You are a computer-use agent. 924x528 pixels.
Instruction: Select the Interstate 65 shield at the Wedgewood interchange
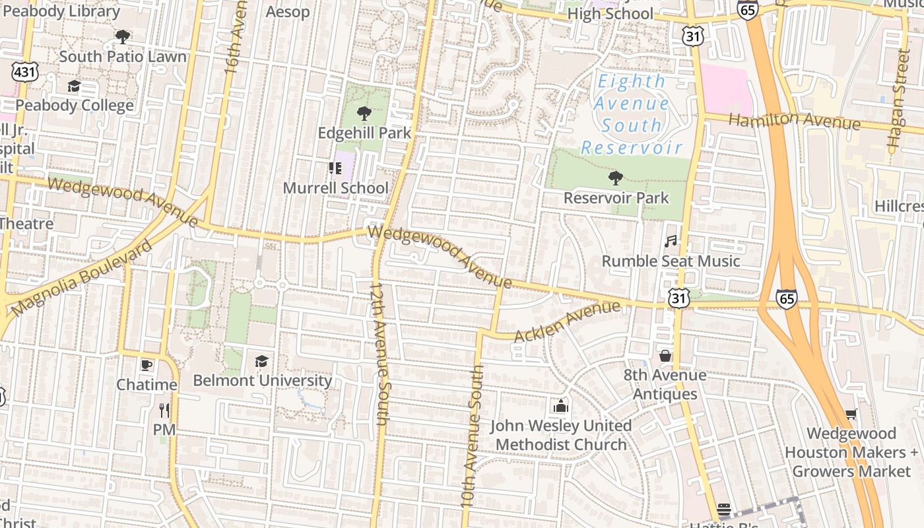pos(786,298)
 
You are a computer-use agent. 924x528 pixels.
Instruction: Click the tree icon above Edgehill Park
pos(364,113)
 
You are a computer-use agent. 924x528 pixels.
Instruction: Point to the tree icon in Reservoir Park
pos(615,178)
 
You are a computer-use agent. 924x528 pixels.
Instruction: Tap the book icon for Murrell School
pos(335,168)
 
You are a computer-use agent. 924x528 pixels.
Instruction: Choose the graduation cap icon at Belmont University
pos(261,361)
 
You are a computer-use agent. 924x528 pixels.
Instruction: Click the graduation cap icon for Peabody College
pos(74,86)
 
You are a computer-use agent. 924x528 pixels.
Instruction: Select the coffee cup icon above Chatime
pos(147,365)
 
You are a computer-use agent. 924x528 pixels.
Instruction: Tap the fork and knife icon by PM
pos(164,411)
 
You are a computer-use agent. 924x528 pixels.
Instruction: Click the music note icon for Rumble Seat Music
pos(671,242)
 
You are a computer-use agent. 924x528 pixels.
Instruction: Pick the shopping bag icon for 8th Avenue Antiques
pos(665,356)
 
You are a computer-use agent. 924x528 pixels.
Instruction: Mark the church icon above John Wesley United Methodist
pos(561,405)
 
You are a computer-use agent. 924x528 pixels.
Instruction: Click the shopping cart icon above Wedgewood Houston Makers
pos(851,414)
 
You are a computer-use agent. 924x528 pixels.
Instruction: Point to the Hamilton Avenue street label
pos(795,121)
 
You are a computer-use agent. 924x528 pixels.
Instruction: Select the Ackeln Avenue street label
pos(567,321)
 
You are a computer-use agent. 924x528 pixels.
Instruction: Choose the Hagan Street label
pos(896,98)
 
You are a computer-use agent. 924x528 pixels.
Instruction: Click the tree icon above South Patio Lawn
pos(123,37)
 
